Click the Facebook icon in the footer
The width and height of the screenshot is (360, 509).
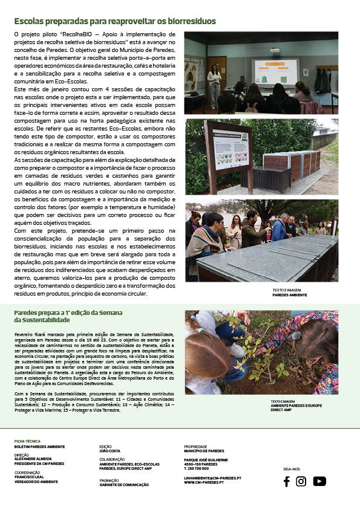pos(286,481)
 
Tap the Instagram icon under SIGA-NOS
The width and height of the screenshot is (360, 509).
pos(301,481)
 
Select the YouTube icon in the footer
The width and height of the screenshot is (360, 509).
pos(319,481)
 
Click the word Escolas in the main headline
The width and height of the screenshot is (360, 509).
pos(30,22)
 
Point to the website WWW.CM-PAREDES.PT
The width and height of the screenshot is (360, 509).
pos(204,482)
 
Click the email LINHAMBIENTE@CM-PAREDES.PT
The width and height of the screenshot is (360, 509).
pos(212,478)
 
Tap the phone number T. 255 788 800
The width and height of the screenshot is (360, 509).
pos(197,468)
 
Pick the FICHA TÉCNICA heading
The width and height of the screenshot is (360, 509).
pos(27,441)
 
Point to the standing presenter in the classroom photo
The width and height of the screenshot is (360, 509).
pos(214,84)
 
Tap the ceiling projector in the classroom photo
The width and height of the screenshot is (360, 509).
pos(275,50)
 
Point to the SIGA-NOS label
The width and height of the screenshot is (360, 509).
pos(292,468)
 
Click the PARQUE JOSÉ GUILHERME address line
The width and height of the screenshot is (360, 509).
pos(206,460)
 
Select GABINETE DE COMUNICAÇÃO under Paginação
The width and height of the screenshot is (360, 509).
pos(124,485)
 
